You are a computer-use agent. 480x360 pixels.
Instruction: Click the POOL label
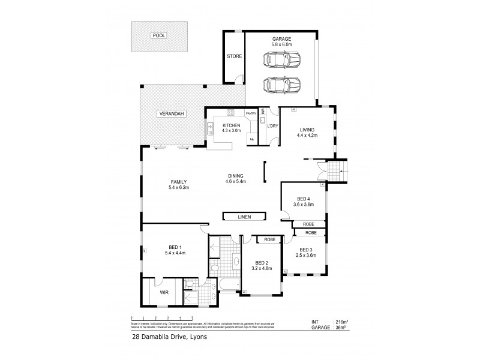[x=159, y=35]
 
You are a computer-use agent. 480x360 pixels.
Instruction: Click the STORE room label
[x=234, y=56]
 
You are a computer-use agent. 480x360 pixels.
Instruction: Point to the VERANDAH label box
[x=172, y=114]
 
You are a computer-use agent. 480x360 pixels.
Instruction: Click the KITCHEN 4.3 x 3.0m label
[x=231, y=128]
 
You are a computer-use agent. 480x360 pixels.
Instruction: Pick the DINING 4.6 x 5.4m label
[x=236, y=178]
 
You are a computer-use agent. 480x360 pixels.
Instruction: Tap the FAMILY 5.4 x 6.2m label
[x=179, y=184]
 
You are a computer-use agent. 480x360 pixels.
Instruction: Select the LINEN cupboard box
[x=244, y=217]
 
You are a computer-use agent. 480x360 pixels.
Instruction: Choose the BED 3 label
[x=306, y=253]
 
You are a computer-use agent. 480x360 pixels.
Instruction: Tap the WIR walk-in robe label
[x=163, y=293]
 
